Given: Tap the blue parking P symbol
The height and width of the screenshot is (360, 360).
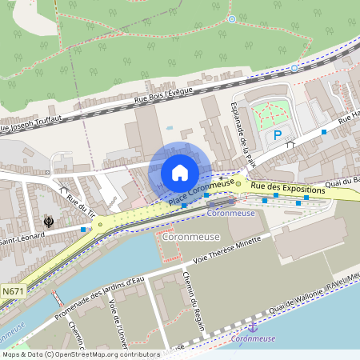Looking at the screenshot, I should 278,136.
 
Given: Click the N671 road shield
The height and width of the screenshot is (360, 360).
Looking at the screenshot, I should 13,292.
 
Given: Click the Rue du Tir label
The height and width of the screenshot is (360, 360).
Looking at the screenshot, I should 81,206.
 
